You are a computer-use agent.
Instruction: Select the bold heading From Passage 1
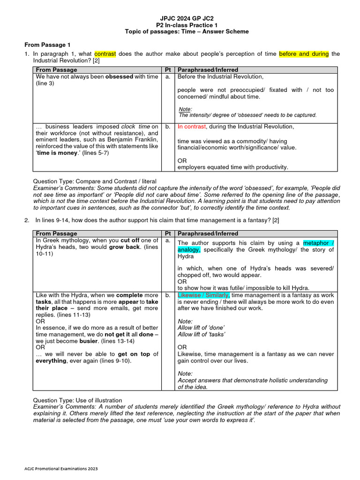47,45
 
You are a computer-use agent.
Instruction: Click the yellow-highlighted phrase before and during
304,54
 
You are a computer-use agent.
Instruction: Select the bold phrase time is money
57,153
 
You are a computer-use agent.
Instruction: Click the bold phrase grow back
122,247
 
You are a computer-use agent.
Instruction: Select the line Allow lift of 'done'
201,327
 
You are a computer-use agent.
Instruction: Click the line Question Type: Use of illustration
77,400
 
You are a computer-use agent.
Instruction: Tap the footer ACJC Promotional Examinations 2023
61,468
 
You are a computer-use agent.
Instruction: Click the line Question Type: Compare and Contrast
94,181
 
